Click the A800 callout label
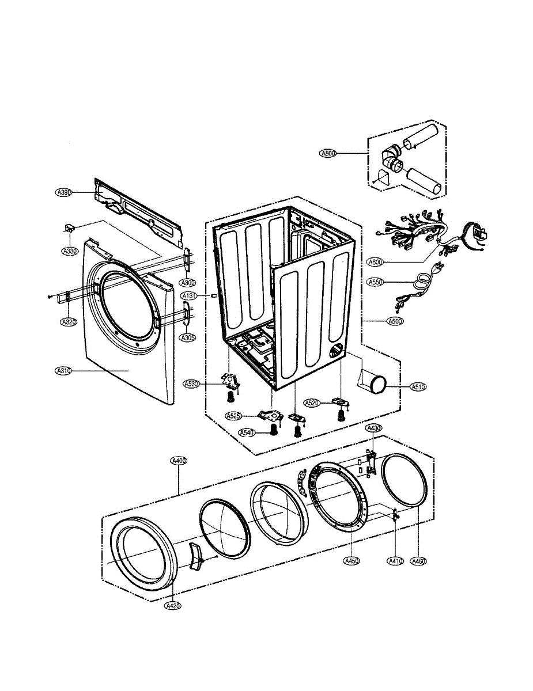pos(328,154)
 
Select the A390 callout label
pos(63,193)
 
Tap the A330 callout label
pos(70,251)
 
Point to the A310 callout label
pos(63,371)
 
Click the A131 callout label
pos(190,295)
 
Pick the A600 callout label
pos(375,262)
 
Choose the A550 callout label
pos(375,282)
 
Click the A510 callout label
pos(418,387)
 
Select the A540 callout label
pos(247,433)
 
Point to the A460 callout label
pos(418,560)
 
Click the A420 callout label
pos(172,606)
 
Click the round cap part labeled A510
pos(378,383)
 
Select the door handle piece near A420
pos(196,555)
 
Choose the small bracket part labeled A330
pos(70,229)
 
